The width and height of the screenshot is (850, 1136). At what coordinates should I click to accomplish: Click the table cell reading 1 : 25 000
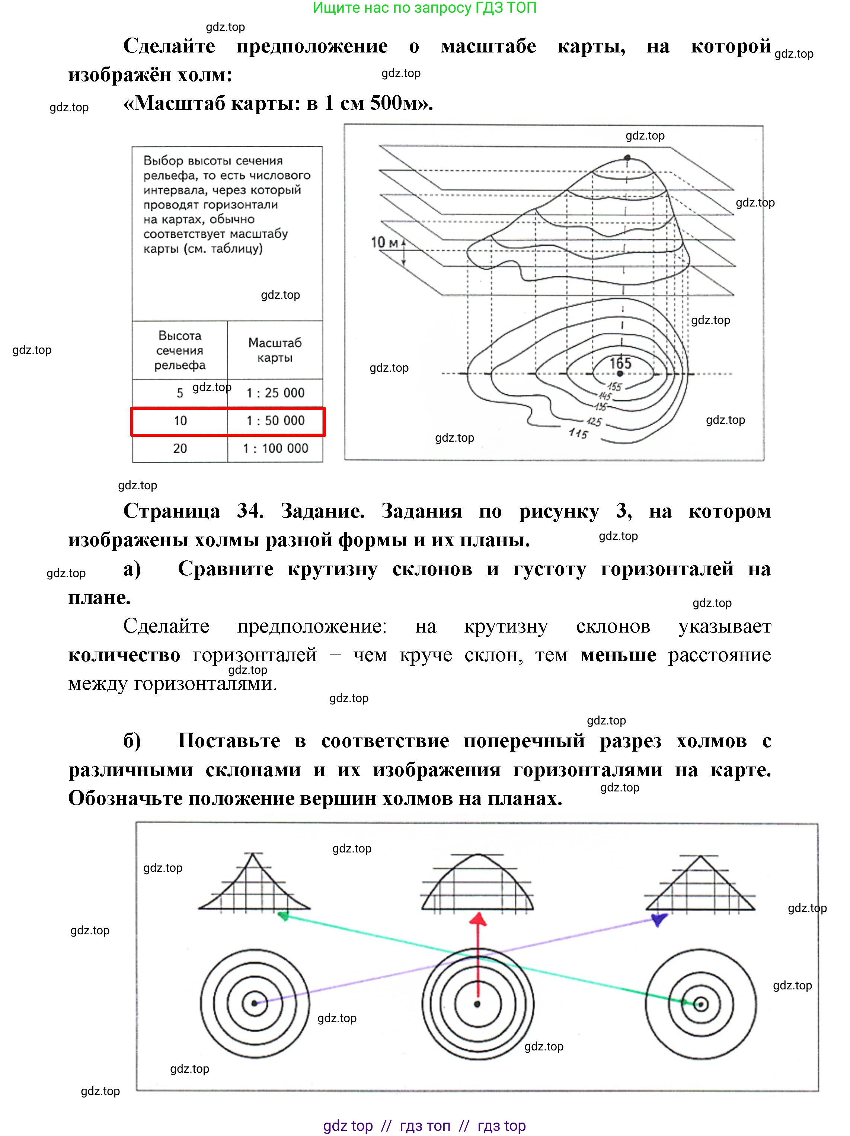pyautogui.click(x=275, y=393)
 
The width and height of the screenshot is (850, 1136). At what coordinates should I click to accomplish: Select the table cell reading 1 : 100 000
pyautogui.click(x=275, y=448)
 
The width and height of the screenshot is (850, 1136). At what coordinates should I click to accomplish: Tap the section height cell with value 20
pyautogui.click(x=180, y=448)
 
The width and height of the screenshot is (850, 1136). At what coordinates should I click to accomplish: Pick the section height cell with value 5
pyautogui.click(x=180, y=393)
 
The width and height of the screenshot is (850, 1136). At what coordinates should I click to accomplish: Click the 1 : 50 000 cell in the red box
pyautogui.click(x=275, y=420)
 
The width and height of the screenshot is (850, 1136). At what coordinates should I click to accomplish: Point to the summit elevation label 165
pyautogui.click(x=620, y=364)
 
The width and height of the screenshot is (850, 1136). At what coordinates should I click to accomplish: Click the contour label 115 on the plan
pyautogui.click(x=578, y=433)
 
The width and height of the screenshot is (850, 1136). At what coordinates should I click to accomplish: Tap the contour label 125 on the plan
pyautogui.click(x=594, y=422)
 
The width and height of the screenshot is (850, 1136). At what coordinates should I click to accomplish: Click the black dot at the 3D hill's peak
pyautogui.click(x=627, y=158)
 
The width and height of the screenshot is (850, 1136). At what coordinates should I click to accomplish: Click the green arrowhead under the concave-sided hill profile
pyautogui.click(x=282, y=915)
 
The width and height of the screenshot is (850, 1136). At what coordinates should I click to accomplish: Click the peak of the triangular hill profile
pyautogui.click(x=700, y=856)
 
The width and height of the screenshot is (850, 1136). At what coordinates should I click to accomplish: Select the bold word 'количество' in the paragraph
pyautogui.click(x=124, y=655)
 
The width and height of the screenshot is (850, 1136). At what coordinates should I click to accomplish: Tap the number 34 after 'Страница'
pyautogui.click(x=250, y=511)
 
